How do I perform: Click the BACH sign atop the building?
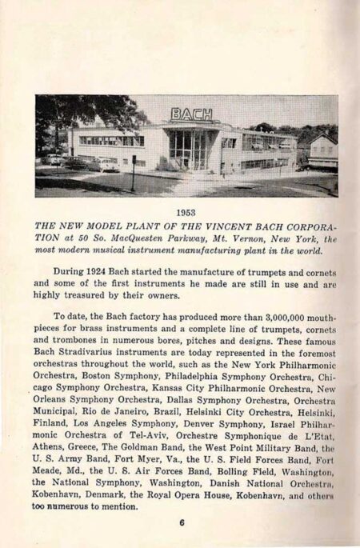192,114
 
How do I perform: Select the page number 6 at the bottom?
182,524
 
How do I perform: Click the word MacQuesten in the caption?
159,238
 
